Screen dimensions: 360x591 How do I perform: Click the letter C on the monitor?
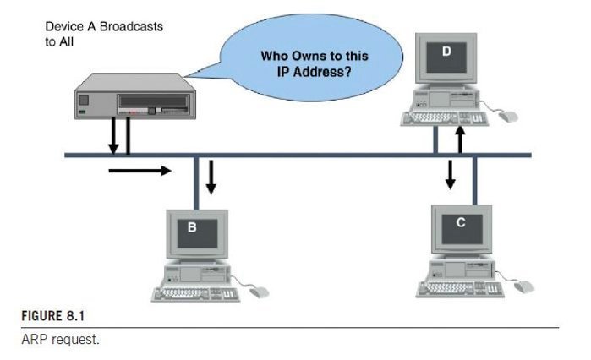pos(460,222)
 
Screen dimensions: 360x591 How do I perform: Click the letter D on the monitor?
pos(447,52)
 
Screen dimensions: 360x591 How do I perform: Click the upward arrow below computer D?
pos(460,138)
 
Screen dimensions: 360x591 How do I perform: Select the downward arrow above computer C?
pos(451,173)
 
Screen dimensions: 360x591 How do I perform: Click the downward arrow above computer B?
pos(212,175)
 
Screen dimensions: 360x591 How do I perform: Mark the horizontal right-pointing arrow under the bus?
pos(140,170)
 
